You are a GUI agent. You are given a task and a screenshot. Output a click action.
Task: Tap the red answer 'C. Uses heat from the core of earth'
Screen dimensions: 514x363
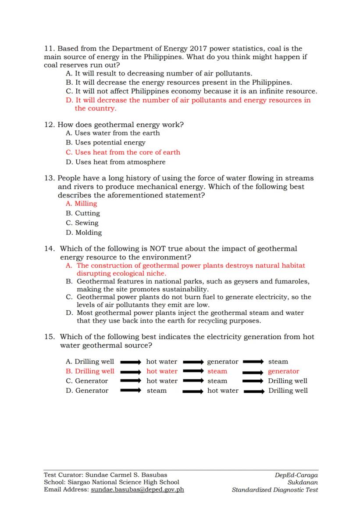[x=123, y=152]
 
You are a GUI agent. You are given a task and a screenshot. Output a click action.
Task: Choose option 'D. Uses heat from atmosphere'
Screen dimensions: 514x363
[x=115, y=162]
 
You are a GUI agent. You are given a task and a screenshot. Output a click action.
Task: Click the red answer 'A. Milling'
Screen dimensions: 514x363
[x=82, y=204]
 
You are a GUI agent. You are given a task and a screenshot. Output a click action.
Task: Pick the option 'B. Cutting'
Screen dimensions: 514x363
[x=83, y=213]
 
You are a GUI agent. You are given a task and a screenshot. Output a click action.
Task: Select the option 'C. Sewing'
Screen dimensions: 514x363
[x=82, y=223]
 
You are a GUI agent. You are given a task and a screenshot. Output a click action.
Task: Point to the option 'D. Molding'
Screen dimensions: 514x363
[x=84, y=233]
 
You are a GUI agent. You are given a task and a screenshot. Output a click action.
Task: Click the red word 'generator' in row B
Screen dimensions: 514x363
[x=283, y=371]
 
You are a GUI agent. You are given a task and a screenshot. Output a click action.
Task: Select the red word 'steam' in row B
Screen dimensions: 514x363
[x=217, y=371]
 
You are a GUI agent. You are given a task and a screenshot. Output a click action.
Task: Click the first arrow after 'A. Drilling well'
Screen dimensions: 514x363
[x=131, y=362]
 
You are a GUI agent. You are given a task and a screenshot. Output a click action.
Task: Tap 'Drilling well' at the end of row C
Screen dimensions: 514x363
[x=288, y=381]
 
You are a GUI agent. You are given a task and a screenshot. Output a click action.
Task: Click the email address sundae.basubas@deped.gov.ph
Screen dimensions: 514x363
[x=137, y=490]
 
